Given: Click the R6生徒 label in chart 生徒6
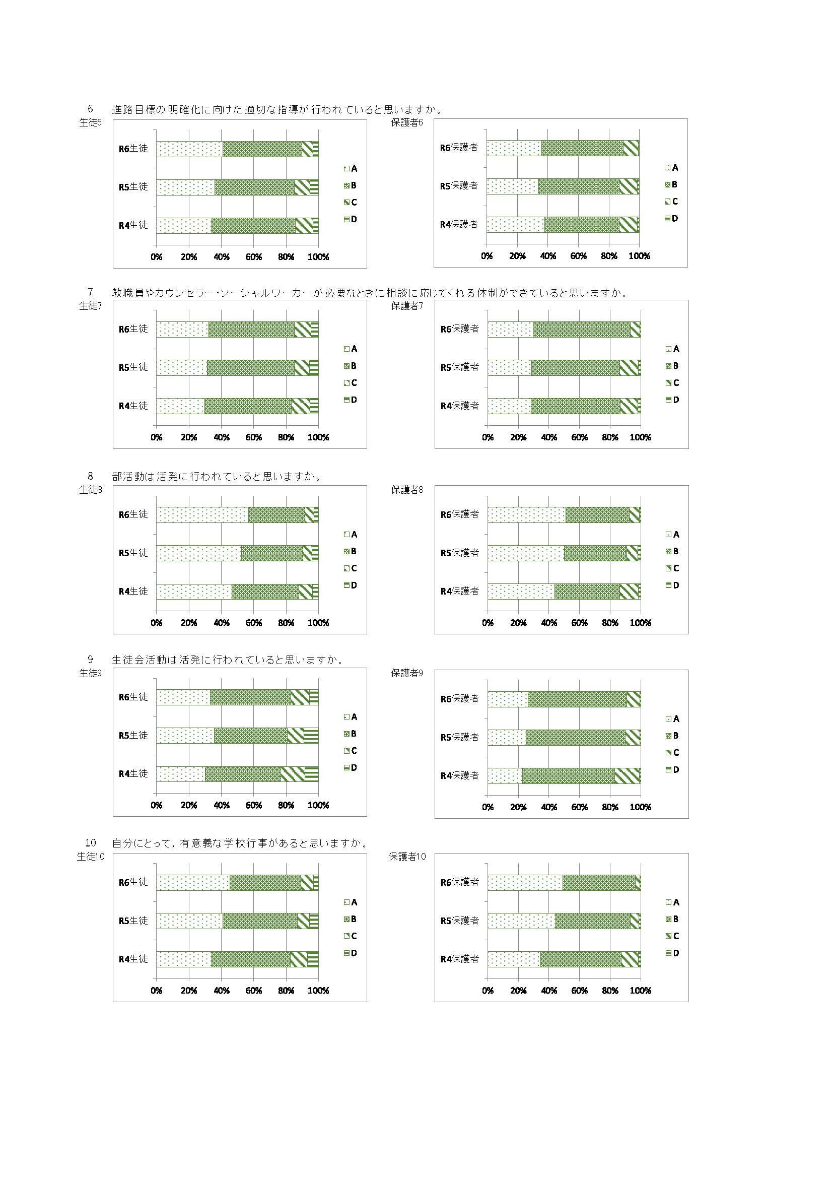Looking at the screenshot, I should click(133, 149).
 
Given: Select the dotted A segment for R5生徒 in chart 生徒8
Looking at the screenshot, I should click(198, 553).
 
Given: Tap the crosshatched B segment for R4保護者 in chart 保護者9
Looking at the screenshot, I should click(568, 776).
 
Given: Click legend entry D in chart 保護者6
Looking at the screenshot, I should click(671, 219).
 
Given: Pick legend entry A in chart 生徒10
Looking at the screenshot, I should click(351, 902).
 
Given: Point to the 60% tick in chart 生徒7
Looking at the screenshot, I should click(254, 438).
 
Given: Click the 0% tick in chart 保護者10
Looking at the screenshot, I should click(488, 991).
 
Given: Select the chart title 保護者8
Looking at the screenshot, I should click(407, 490).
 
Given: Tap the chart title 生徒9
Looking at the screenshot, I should click(91, 673).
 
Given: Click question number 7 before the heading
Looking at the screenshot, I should click(91, 292).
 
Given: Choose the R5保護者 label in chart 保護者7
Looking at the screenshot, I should click(460, 367).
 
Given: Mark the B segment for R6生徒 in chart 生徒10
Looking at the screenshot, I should click(265, 882).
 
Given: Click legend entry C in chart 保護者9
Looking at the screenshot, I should click(672, 753).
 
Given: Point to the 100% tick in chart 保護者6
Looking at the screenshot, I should click(639, 256).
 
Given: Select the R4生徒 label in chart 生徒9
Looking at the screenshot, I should click(133, 774).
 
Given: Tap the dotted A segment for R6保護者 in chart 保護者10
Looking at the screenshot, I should click(525, 882).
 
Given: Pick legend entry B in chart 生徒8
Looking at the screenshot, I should click(351, 552).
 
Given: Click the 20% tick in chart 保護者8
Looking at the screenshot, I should click(518, 623).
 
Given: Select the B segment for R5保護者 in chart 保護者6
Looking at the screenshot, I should click(579, 186).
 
